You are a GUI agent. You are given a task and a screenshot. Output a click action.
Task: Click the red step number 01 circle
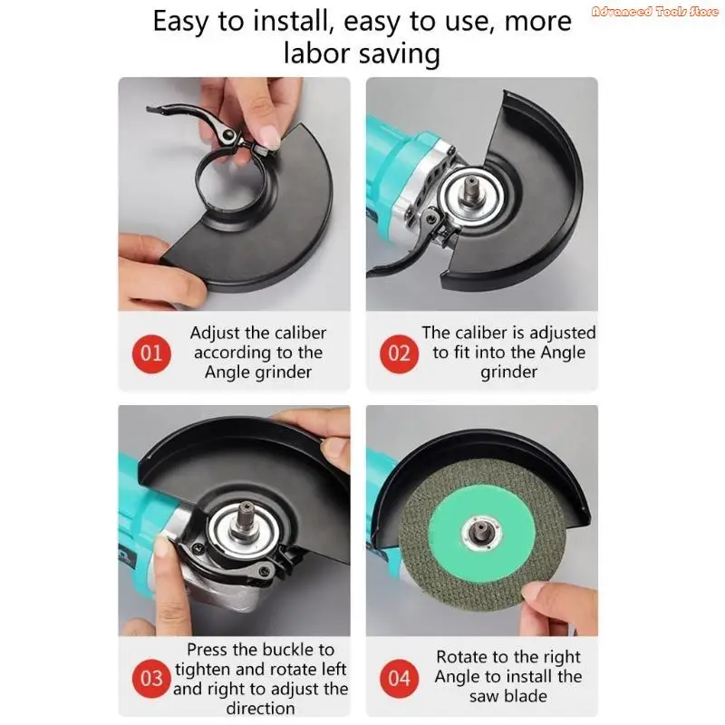[151, 353]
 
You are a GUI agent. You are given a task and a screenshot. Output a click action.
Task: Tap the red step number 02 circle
[399, 353]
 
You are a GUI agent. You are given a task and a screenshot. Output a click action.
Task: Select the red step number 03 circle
[151, 678]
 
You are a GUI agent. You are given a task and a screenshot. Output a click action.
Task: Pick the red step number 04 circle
[399, 678]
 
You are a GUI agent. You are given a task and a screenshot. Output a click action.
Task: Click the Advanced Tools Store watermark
[654, 11]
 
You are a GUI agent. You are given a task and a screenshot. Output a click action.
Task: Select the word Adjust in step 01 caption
[217, 333]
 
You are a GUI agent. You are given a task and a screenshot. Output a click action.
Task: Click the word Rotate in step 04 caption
[462, 657]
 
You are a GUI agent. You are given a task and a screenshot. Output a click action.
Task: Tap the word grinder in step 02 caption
[508, 372]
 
